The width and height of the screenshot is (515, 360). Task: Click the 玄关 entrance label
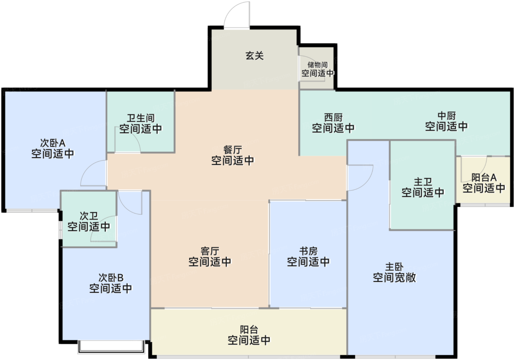coord(255,56)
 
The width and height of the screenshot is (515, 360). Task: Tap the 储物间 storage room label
coord(317,65)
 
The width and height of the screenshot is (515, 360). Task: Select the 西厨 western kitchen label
coord(333,117)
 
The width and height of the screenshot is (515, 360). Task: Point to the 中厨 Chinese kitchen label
coord(447,116)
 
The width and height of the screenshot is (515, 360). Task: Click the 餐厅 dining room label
coord(232,150)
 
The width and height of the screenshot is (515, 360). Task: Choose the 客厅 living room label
coord(210,251)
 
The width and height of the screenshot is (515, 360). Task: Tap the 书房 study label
coord(308,251)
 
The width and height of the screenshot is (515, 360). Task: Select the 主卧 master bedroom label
coord(394,267)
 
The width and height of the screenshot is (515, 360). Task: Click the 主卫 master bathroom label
coord(423,182)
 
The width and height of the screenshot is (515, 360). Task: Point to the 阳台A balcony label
coord(484,178)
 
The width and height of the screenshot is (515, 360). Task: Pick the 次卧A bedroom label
coord(53,143)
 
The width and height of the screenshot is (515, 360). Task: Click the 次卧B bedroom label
coord(111,278)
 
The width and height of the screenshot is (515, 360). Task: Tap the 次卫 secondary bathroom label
coord(89,216)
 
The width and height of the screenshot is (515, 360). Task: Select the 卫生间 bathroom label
coord(141,118)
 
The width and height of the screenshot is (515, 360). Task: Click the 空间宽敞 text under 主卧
coord(394,278)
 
